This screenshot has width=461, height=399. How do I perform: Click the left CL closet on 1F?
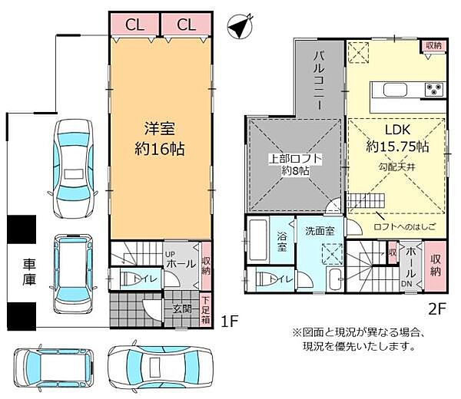point(134,25)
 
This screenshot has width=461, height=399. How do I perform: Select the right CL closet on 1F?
point(186,25)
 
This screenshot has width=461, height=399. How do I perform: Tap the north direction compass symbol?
point(241,27)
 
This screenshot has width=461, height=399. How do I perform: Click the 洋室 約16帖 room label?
point(161,136)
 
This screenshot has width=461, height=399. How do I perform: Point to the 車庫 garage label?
point(22,272)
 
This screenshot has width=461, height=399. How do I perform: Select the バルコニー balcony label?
point(320,79)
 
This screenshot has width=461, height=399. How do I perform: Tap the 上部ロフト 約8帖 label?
point(294,164)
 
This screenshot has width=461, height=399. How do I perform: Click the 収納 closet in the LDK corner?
point(433,46)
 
